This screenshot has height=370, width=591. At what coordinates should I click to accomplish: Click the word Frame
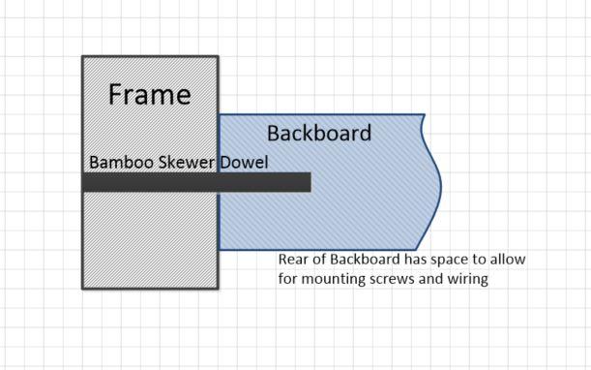pyautogui.click(x=149, y=95)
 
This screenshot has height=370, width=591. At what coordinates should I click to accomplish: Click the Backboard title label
pyautogui.click(x=318, y=134)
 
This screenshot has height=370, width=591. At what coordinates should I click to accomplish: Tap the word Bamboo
pyautogui.click(x=119, y=162)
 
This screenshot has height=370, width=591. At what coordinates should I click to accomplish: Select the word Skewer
pyautogui.click(x=185, y=162)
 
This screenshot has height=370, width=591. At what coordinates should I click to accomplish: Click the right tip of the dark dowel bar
pyautogui.click(x=310, y=182)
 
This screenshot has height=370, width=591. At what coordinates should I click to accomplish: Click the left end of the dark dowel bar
pyautogui.click(x=85, y=182)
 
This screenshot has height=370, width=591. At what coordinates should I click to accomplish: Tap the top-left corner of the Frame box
pyautogui.click(x=83, y=57)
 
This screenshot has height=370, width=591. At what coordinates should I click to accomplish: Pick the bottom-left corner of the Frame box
pyautogui.click(x=83, y=288)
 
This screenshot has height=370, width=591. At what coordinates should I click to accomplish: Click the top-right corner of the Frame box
pyautogui.click(x=218, y=57)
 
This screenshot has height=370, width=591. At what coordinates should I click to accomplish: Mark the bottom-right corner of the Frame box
pyautogui.click(x=218, y=288)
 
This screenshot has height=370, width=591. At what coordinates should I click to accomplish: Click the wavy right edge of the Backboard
pyautogui.click(x=440, y=179)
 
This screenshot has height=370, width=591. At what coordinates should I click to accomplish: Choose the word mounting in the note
pyautogui.click(x=330, y=280)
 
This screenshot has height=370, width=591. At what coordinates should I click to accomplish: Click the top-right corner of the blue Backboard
pyautogui.click(x=424, y=115)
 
